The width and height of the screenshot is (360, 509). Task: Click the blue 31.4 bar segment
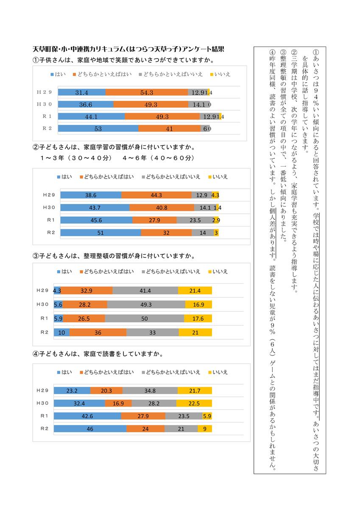(81, 92)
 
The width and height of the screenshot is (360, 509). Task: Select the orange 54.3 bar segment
(146, 92)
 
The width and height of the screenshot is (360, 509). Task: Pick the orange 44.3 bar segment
(156, 195)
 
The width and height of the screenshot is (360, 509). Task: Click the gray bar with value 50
(144, 318)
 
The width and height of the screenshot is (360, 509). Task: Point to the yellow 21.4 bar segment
(195, 291)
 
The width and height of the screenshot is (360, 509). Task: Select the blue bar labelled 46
(90, 429)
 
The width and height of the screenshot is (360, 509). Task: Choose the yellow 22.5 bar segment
(194, 403)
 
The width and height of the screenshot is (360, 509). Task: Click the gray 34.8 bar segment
(150, 390)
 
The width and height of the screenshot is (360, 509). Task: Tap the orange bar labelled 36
(98, 333)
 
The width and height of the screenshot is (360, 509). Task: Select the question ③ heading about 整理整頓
(114, 256)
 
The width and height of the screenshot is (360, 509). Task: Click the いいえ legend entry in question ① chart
(220, 74)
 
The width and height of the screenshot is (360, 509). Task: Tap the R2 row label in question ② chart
(51, 232)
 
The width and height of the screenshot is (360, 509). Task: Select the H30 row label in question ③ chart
(43, 304)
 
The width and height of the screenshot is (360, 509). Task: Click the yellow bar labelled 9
(205, 429)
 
